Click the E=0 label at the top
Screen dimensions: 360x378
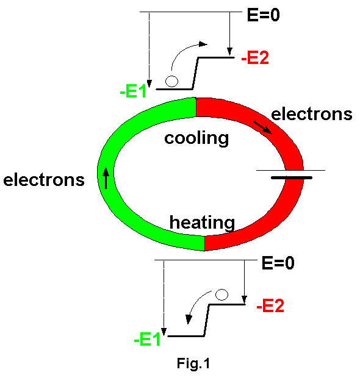click(264, 15)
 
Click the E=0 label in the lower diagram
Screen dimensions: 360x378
click(278, 263)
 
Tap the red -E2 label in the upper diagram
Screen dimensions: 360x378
click(255, 58)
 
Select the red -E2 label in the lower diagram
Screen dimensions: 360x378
click(270, 305)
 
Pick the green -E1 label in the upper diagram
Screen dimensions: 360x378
click(133, 91)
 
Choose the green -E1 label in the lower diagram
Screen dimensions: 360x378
click(147, 340)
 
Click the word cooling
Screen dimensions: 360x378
click(196, 138)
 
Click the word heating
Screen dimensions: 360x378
click(202, 223)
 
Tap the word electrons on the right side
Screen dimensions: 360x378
click(312, 114)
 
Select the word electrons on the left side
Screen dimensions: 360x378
click(44, 180)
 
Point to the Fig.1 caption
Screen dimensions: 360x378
click(193, 363)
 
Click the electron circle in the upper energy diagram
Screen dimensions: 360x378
click(172, 81)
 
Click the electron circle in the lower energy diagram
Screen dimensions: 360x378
click(221, 294)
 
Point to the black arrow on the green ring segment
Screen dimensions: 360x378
click(106, 178)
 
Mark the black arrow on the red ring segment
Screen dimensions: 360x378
click(262, 127)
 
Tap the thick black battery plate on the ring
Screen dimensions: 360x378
click(292, 177)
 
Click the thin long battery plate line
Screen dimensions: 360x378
click(291, 170)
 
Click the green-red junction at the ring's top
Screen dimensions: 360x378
click(196, 107)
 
